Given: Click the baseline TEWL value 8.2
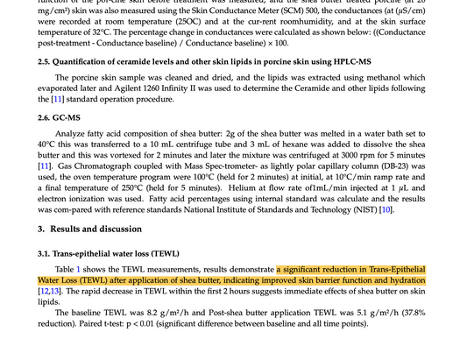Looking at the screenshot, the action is (149, 323).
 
